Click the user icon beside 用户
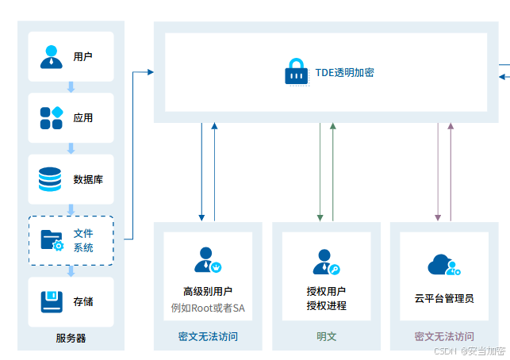[x=51, y=56]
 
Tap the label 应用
[x=83, y=118]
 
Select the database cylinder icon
[x=50, y=179]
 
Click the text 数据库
[x=88, y=180]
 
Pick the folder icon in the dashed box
[x=52, y=239]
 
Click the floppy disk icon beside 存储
[x=51, y=301]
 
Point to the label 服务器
[x=71, y=339]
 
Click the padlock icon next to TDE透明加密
[x=295, y=71]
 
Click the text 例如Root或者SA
[x=208, y=307]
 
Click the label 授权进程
[x=326, y=306]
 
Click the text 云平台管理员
[x=444, y=299]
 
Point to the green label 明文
[x=326, y=337]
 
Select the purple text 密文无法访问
[x=444, y=337]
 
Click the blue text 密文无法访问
[x=208, y=337]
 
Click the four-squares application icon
[x=51, y=118]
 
